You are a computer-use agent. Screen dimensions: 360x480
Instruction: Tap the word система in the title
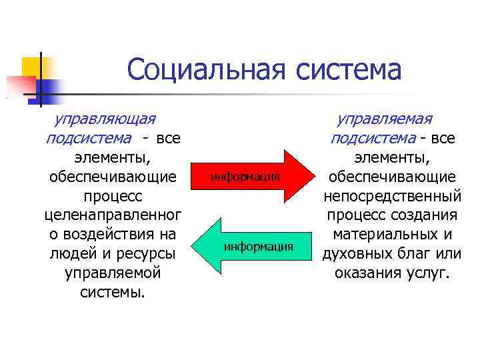pos(349,70)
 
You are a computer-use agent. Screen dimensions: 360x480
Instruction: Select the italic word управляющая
pos(105,119)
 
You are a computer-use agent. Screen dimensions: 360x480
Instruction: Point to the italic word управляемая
pos(384,119)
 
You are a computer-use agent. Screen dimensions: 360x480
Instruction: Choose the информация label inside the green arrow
pos(258,247)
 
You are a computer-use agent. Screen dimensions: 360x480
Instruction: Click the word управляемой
pos(113,273)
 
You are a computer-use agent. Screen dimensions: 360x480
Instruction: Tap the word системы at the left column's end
pos(113,293)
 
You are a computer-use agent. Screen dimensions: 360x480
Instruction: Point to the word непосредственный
pos(392,196)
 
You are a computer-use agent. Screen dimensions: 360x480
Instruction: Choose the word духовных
pos(357,254)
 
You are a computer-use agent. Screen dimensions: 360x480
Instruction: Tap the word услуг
pos(427,273)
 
